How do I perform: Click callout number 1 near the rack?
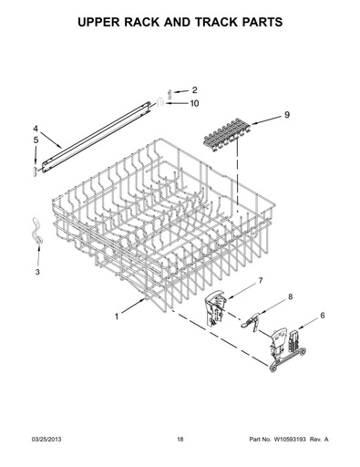(117, 317)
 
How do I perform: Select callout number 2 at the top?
(194, 90)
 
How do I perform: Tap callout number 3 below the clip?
(37, 272)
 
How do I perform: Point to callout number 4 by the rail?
(36, 129)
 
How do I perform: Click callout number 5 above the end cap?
(36, 140)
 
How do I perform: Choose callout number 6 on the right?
(323, 316)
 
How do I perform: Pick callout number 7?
(261, 281)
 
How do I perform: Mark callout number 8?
(290, 296)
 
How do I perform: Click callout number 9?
(287, 115)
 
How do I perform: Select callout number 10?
(194, 104)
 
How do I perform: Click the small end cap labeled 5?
(35, 171)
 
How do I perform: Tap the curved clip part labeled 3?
(36, 231)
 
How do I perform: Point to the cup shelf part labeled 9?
(227, 136)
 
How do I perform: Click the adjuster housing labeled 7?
(216, 308)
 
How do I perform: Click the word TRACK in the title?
(218, 22)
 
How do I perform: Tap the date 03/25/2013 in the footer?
(46, 439)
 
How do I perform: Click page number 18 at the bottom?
(180, 439)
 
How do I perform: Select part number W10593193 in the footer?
(290, 439)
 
